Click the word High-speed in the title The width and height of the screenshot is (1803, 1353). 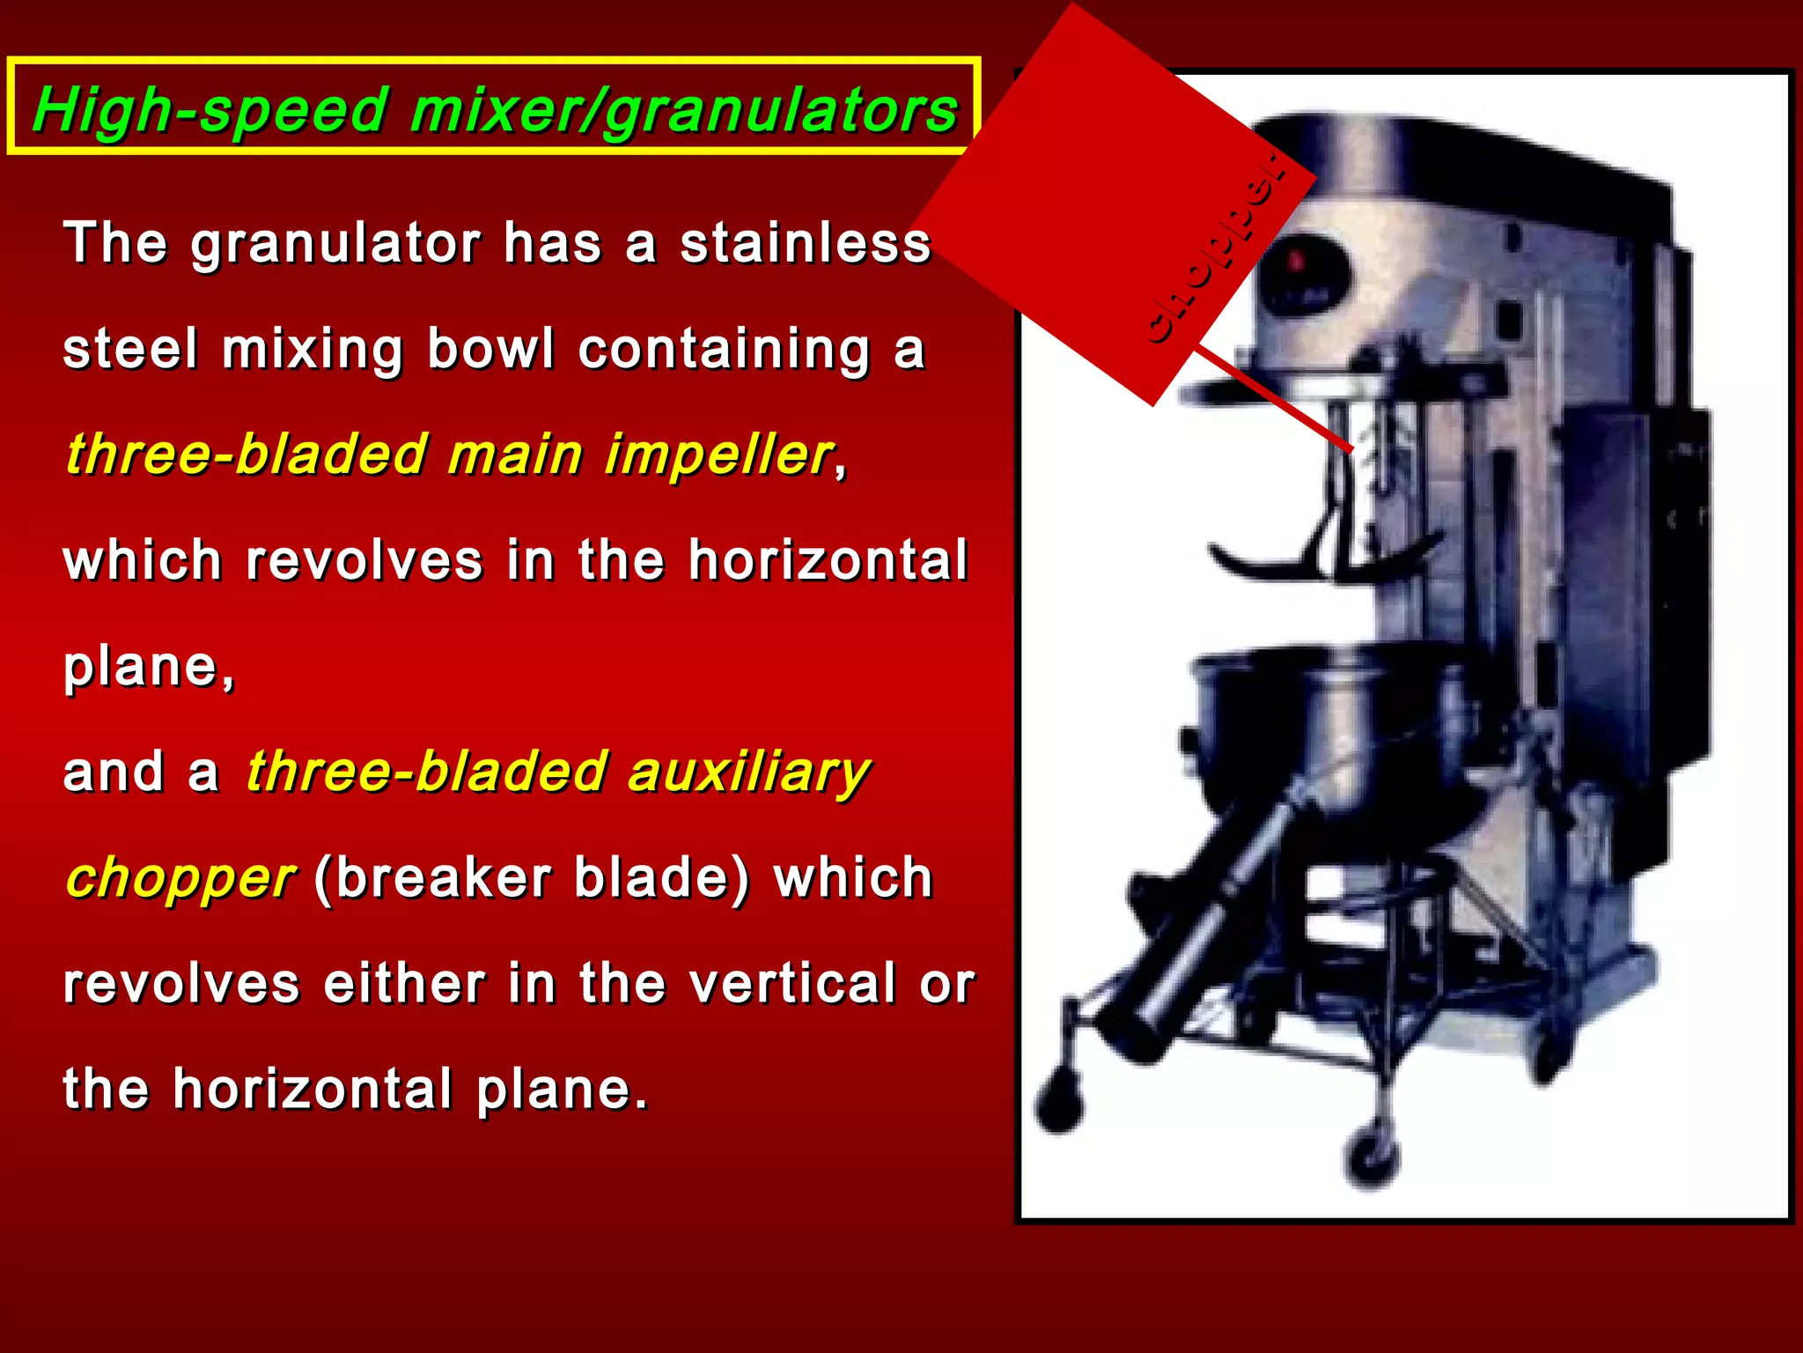click(x=210, y=111)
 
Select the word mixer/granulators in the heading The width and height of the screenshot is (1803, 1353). click(x=683, y=111)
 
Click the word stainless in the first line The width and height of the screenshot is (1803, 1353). click(x=805, y=243)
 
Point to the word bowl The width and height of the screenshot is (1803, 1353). click(x=490, y=349)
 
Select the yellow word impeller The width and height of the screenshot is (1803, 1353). click(x=718, y=455)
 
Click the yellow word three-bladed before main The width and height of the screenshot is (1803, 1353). click(x=247, y=455)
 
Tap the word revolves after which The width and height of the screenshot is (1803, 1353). click(x=364, y=560)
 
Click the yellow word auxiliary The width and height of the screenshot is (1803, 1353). click(x=748, y=772)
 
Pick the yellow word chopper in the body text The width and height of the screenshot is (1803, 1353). click(x=180, y=877)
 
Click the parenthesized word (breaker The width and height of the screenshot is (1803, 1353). click(x=431, y=877)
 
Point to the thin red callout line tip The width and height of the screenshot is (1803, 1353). click(x=1350, y=450)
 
